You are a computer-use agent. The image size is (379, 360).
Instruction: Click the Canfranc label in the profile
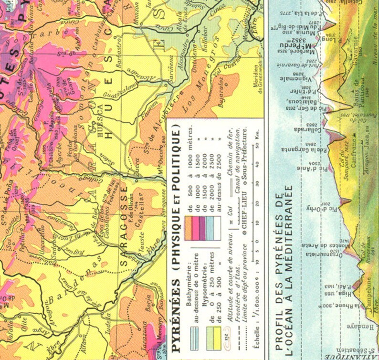355,153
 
